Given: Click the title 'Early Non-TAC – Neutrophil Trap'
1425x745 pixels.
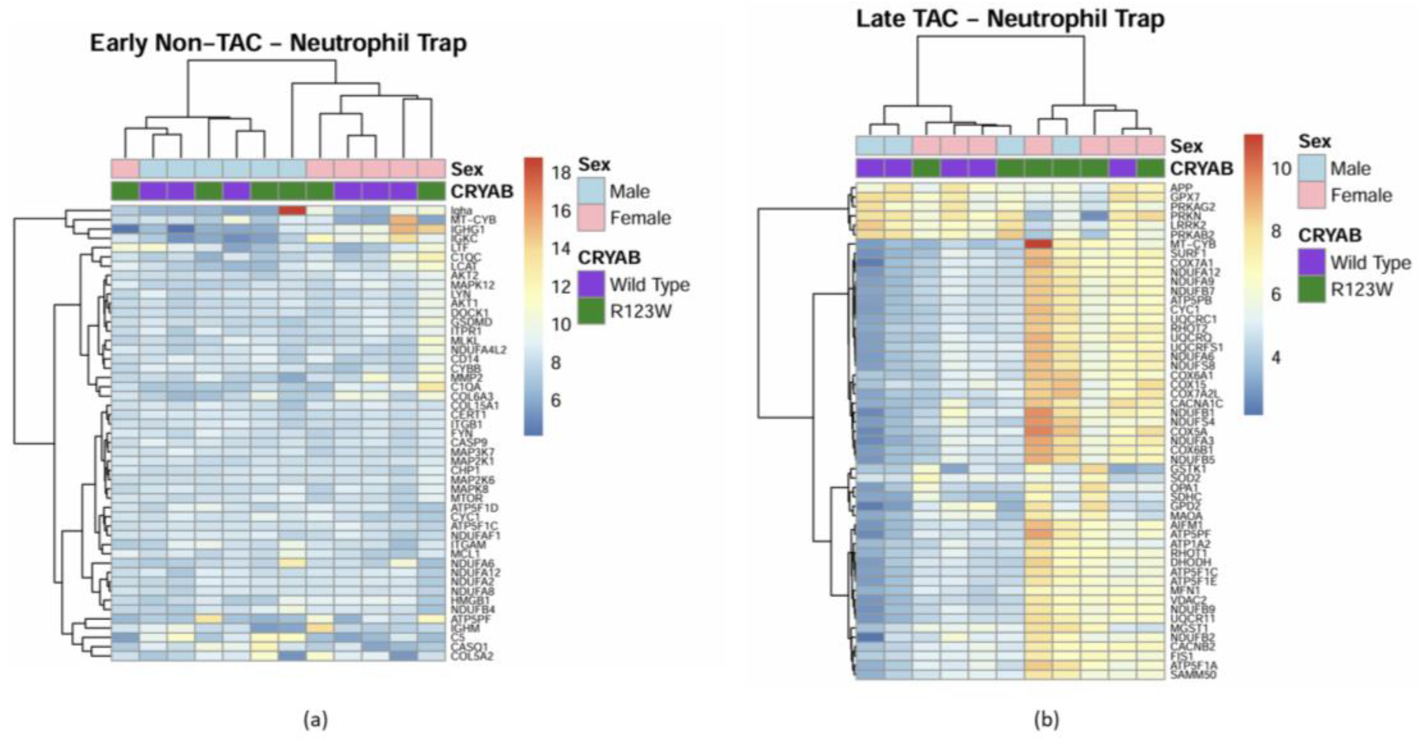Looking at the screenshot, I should (278, 43).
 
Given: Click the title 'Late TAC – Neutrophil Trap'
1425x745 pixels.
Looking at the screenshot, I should (1010, 19).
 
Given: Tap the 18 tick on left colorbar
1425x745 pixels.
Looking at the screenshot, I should (561, 173).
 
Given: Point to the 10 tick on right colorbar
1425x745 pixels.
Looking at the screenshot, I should (1281, 168).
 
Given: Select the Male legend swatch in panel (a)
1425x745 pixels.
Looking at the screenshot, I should (591, 191).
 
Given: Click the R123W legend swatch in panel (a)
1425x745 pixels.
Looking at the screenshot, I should (591, 312).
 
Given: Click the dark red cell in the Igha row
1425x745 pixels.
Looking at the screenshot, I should (292, 210).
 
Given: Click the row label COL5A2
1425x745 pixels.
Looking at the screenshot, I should (471, 656).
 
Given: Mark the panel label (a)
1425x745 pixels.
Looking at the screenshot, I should (316, 719).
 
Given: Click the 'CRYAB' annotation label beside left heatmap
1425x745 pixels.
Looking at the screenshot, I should (482, 191).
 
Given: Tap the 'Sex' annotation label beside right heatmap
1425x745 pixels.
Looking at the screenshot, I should (1186, 146).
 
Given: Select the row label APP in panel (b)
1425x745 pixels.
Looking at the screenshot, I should (1181, 188).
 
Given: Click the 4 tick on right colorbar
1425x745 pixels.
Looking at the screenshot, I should (1276, 358).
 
